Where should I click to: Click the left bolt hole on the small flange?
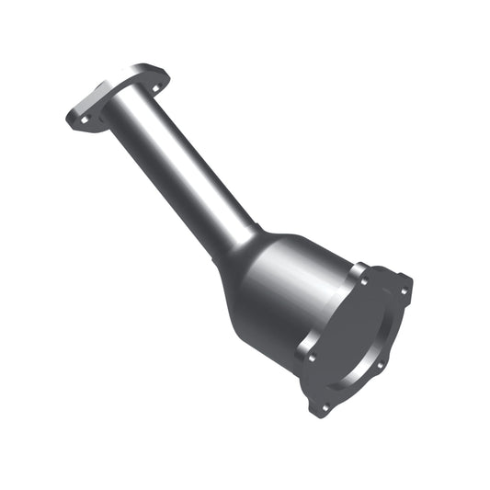click(81, 119)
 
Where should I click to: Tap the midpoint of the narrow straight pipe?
click(179, 171)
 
